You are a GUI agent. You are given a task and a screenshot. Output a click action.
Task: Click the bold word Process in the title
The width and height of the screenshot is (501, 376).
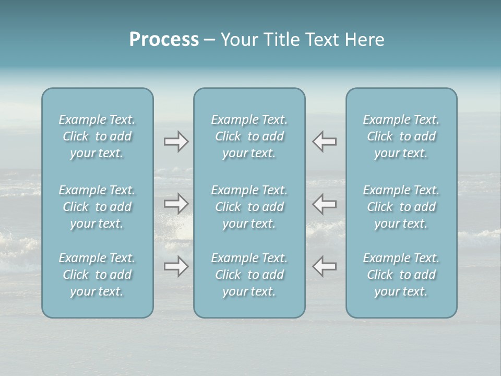(x=164, y=40)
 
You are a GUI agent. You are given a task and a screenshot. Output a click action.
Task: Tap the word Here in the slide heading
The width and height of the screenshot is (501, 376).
(x=364, y=40)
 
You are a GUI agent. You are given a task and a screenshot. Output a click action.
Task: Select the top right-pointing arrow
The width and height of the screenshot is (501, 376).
(x=176, y=142)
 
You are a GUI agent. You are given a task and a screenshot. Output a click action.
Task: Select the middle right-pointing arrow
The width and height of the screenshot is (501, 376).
(x=176, y=204)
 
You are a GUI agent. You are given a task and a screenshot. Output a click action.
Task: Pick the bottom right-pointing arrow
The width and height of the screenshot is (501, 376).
(x=176, y=266)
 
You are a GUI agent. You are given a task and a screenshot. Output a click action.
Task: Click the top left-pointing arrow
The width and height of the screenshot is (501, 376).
(x=325, y=142)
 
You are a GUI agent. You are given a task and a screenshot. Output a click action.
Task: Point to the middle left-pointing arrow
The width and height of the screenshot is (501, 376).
(x=325, y=204)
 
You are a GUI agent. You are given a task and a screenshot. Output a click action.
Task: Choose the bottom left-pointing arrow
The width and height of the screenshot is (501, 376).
(x=325, y=266)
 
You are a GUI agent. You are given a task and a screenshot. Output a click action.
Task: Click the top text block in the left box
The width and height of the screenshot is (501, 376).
(x=97, y=136)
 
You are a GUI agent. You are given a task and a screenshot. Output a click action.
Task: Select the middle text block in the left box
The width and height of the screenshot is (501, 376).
(x=97, y=207)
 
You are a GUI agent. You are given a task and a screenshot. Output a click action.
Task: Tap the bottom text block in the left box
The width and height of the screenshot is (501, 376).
(x=97, y=275)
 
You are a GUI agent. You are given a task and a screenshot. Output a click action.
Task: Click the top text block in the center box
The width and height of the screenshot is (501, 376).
(x=249, y=136)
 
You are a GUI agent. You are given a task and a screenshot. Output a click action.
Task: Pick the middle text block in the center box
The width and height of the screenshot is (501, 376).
(x=249, y=207)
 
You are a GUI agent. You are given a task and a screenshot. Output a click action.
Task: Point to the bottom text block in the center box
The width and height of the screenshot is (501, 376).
(x=249, y=275)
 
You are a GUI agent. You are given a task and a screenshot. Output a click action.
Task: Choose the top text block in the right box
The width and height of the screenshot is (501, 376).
(x=401, y=136)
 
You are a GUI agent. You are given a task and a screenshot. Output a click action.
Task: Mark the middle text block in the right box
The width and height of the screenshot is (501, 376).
(x=401, y=207)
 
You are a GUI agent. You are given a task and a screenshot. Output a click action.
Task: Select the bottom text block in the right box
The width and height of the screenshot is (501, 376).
(x=401, y=275)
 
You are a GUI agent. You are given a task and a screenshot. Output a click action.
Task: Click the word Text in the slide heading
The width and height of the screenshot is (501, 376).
(x=322, y=40)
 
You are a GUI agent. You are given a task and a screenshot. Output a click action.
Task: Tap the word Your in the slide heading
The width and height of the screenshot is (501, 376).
(x=238, y=40)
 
